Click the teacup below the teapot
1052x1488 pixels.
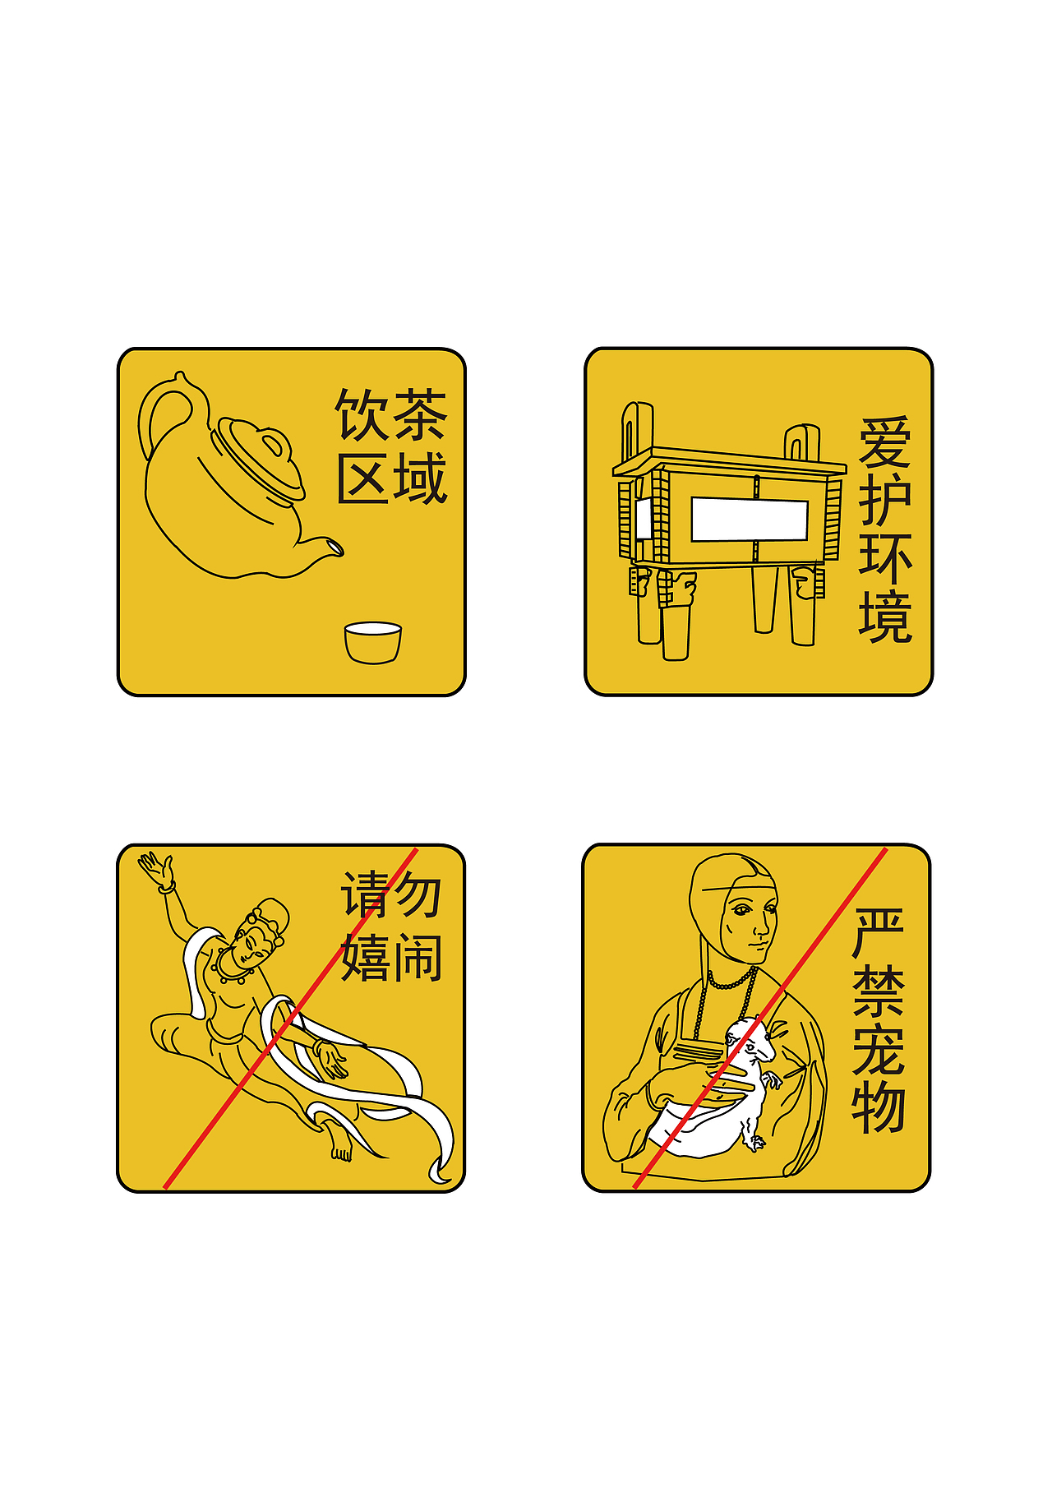[372, 642]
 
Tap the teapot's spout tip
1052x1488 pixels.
[336, 546]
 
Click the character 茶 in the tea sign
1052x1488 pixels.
[420, 415]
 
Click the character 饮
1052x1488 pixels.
[361, 415]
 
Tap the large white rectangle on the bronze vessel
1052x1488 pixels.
[749, 519]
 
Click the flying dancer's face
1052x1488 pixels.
[252, 945]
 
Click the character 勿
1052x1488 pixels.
[418, 895]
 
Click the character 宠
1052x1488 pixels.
[878, 1051]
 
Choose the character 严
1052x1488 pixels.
[878, 934]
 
